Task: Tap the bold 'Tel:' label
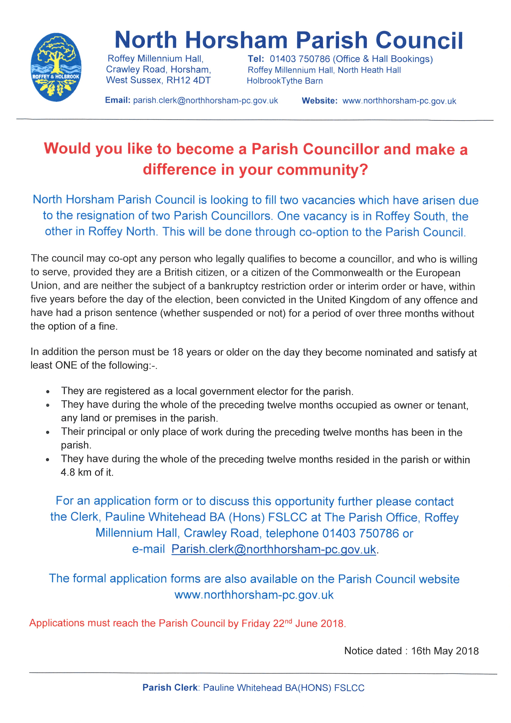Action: coord(255,59)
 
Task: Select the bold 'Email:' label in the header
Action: coord(117,100)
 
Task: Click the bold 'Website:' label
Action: coord(319,101)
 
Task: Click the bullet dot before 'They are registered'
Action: coord(48,392)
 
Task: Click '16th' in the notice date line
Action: coord(421,651)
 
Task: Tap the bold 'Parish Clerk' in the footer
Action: coord(170,688)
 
